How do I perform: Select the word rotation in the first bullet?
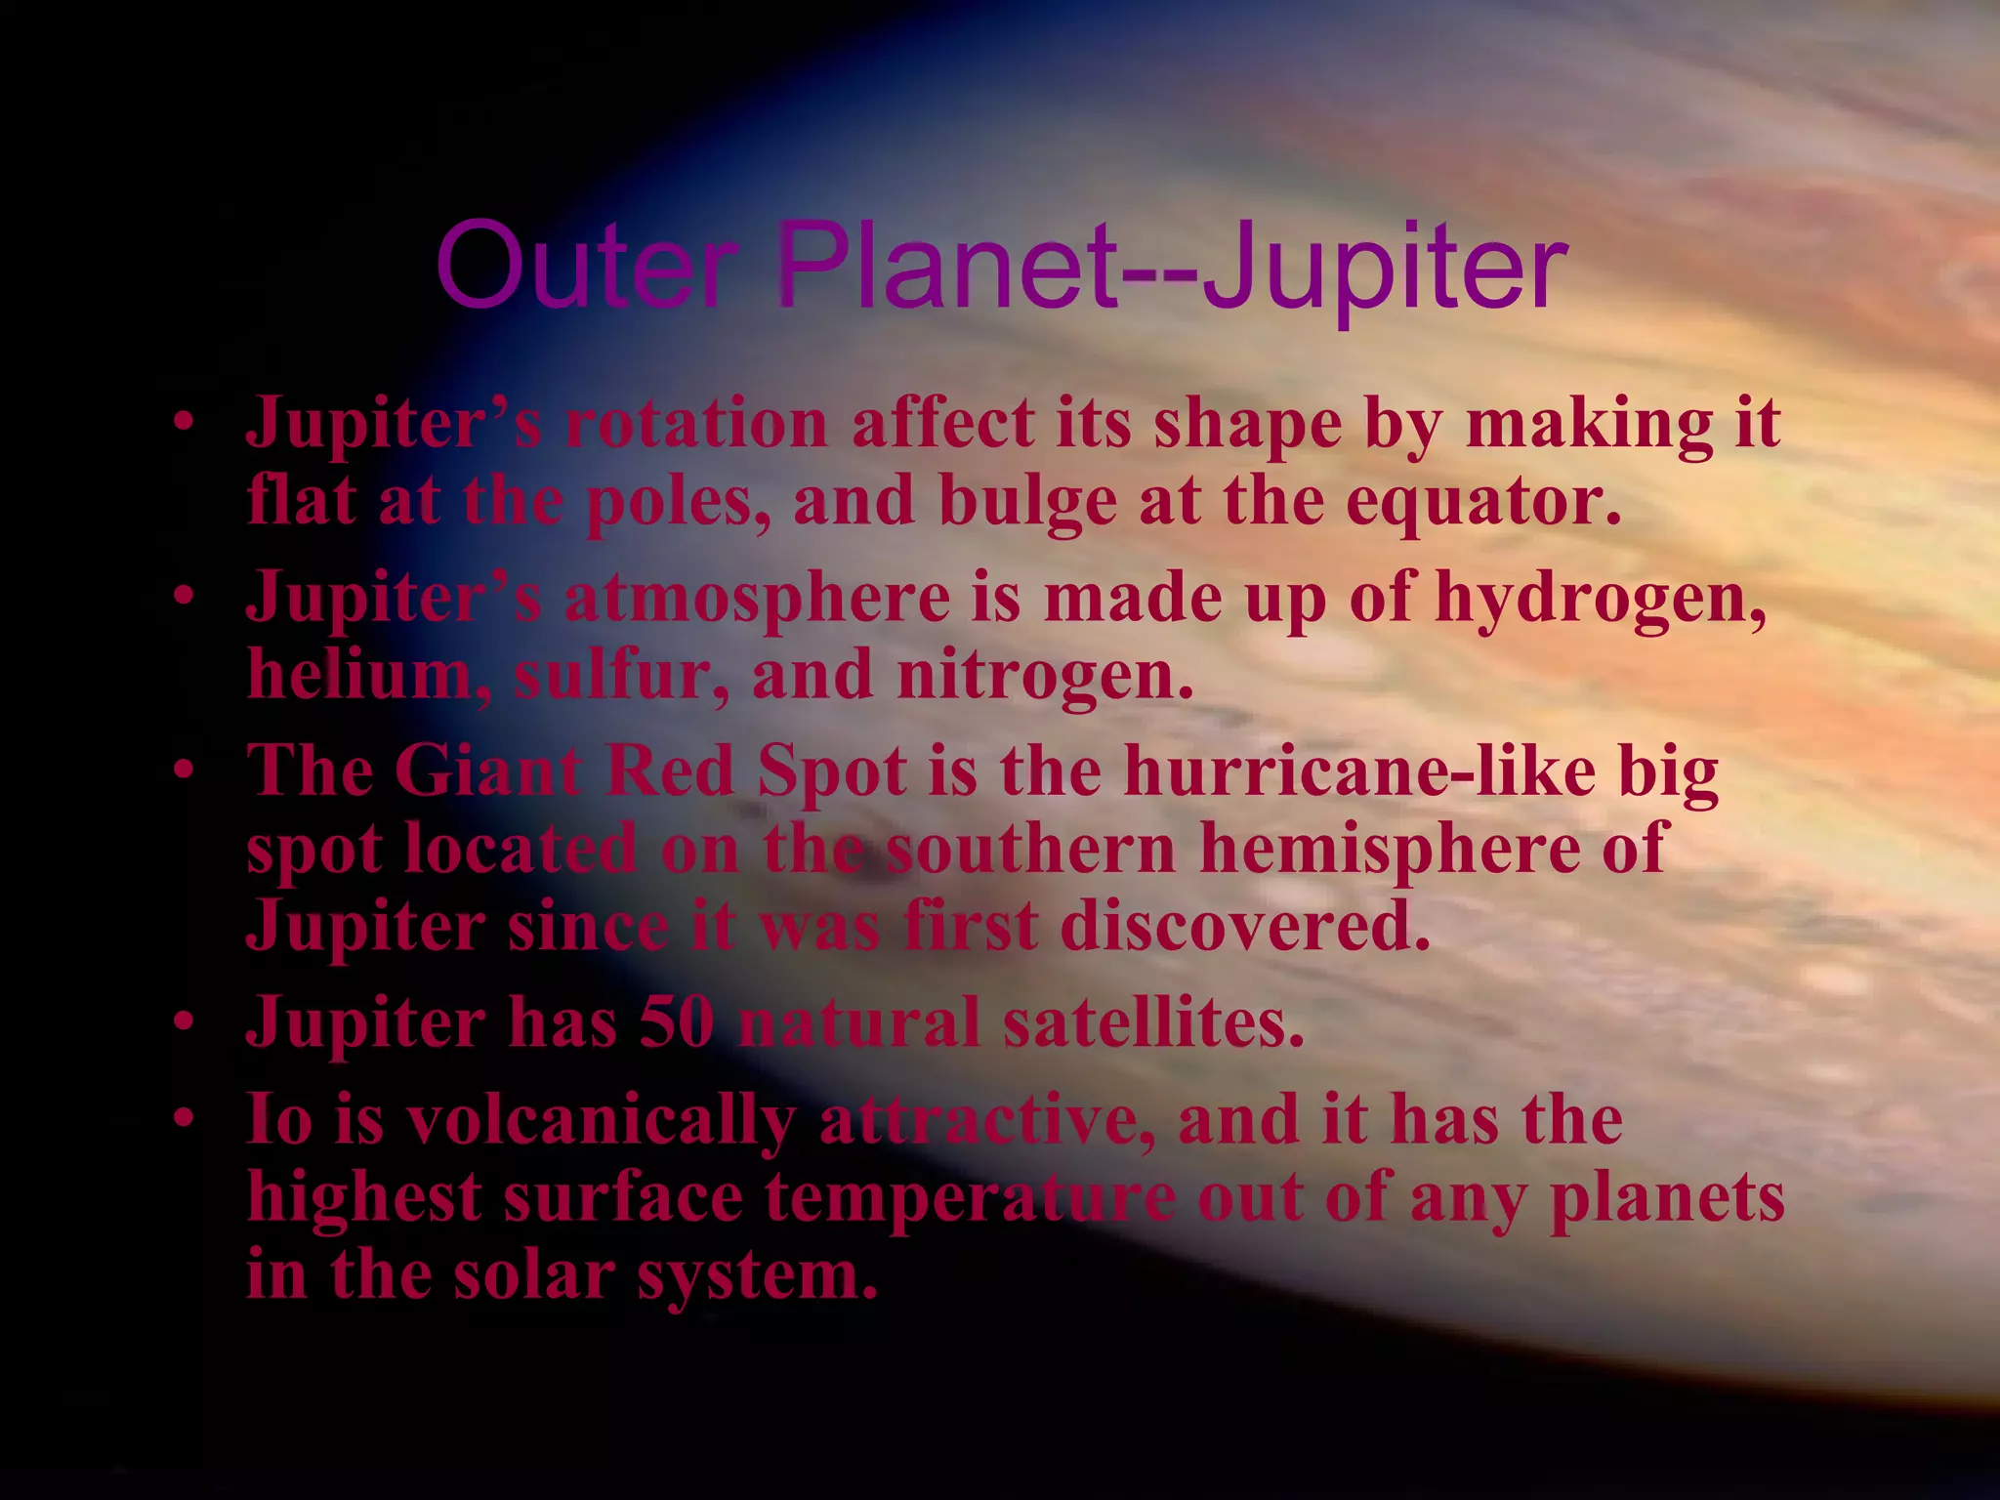[x=696, y=424]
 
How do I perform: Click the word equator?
[x=1483, y=501]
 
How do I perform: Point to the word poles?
[x=678, y=501]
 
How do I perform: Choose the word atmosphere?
[x=757, y=597]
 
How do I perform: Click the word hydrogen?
[x=1601, y=597]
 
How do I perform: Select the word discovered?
[x=1245, y=925]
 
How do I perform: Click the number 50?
[x=676, y=1022]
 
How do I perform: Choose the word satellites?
[x=1153, y=1022]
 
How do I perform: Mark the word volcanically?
[x=601, y=1119]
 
